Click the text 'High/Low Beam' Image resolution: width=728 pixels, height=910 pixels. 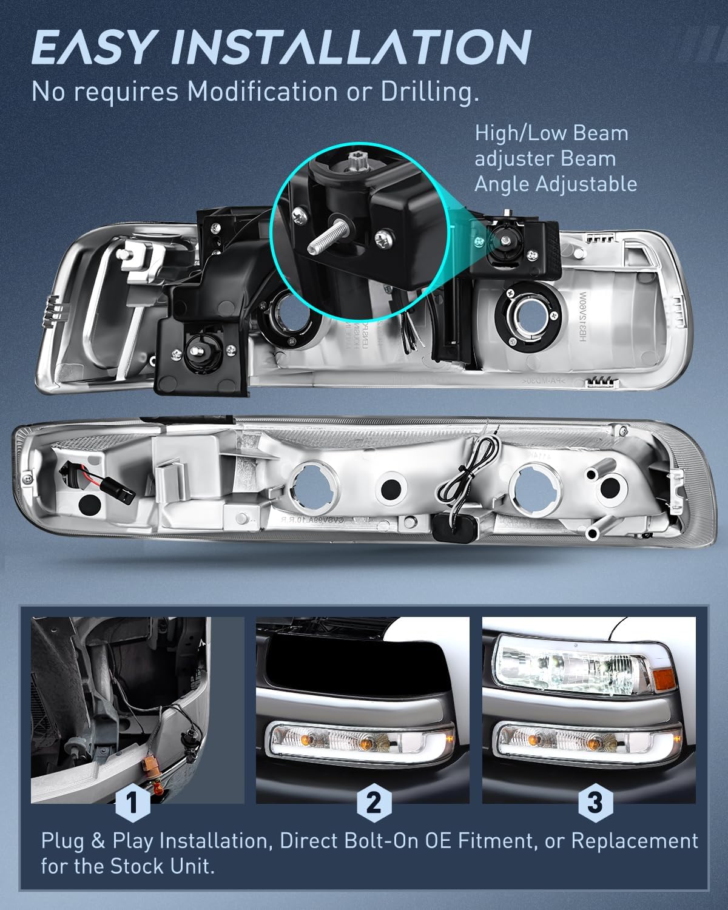click(x=551, y=133)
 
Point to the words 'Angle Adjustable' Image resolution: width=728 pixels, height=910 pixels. click(x=555, y=183)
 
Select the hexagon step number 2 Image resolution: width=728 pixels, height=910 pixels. click(x=373, y=803)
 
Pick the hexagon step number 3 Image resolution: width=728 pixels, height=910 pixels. click(x=595, y=803)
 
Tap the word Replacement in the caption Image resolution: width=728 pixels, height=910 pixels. click(x=635, y=841)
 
